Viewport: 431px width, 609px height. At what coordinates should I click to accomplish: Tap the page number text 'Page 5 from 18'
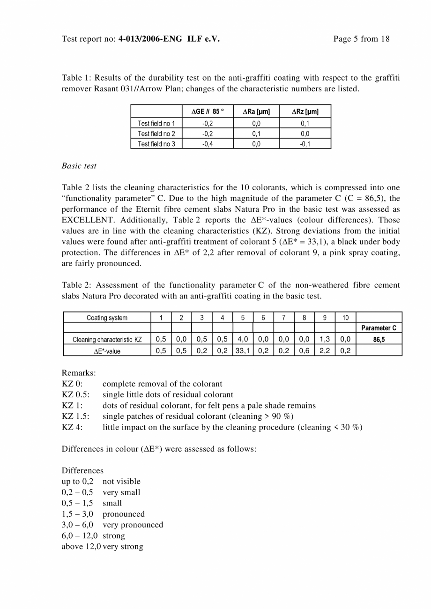tap(361, 39)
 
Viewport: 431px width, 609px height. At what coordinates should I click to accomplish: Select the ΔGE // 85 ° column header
tap(208, 111)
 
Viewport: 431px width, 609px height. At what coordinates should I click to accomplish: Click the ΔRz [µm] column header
tap(305, 111)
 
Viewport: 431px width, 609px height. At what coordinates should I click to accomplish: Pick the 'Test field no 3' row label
tap(156, 144)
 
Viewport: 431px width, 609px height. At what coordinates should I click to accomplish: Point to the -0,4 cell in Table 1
tap(208, 144)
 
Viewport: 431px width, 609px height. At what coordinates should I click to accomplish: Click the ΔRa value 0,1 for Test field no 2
tap(256, 134)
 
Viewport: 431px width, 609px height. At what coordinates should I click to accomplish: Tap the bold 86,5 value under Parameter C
tap(379, 340)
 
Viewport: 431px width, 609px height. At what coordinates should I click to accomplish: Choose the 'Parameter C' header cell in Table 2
tap(379, 328)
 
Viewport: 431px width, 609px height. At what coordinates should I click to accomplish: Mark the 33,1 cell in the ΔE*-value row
tap(243, 350)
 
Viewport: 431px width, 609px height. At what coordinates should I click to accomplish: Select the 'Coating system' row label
tap(107, 318)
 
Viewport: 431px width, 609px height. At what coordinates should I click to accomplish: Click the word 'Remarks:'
tap(79, 373)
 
